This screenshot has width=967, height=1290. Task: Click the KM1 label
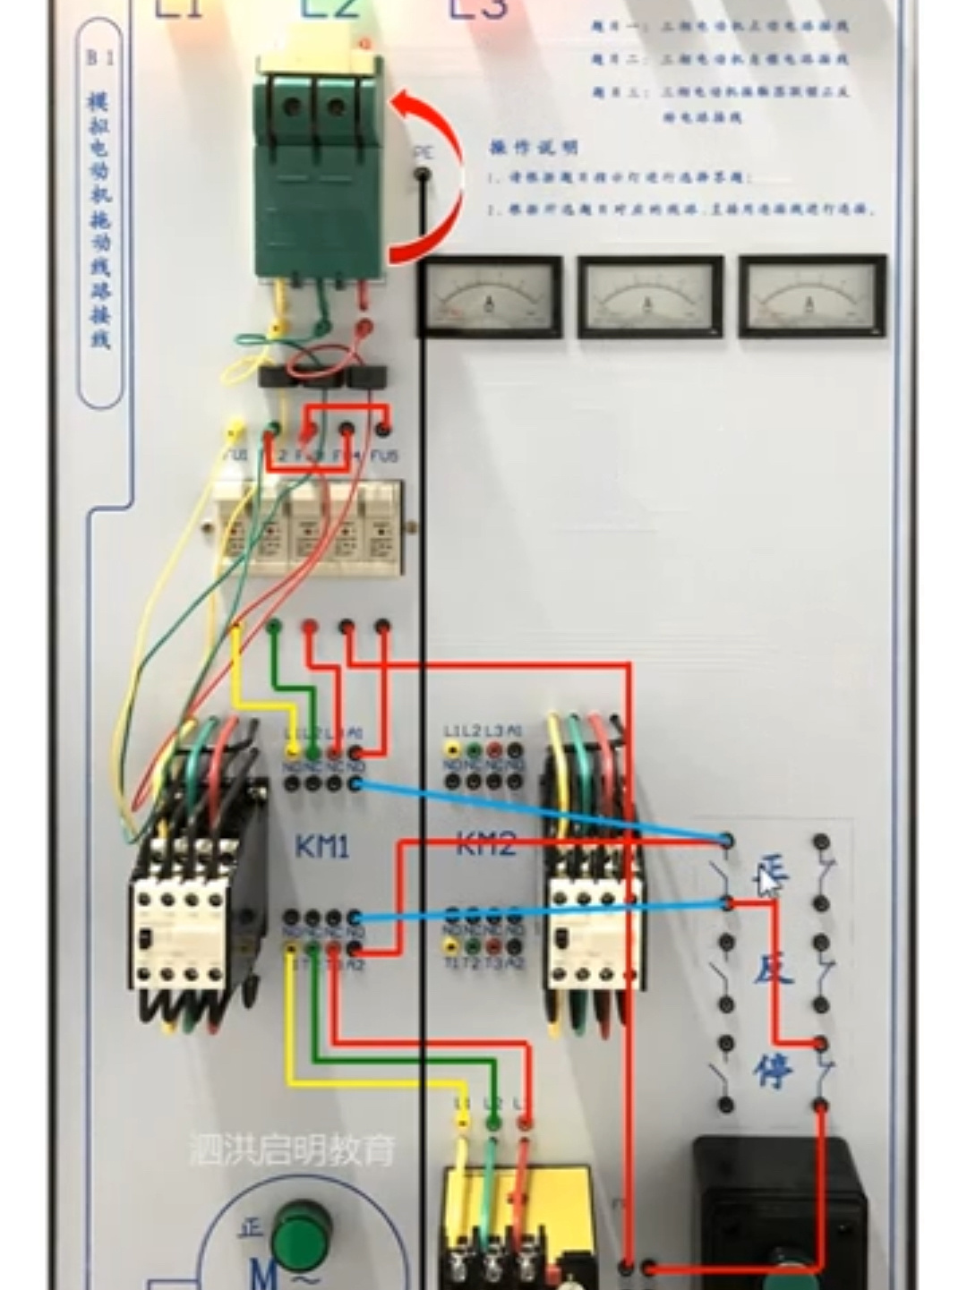pyautogui.click(x=321, y=846)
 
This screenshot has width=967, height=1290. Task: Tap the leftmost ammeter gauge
pyautogui.click(x=490, y=297)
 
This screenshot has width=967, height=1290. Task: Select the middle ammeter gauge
pyautogui.click(x=650, y=297)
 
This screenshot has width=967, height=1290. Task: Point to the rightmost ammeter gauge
pyautogui.click(x=812, y=297)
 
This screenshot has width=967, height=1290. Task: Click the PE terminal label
pyautogui.click(x=423, y=154)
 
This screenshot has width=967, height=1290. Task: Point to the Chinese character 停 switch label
pyautogui.click(x=773, y=1070)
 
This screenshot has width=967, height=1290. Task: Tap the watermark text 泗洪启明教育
pyautogui.click(x=292, y=1149)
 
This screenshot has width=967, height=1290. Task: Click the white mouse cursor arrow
pyautogui.click(x=766, y=884)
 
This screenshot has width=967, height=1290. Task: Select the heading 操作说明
pyautogui.click(x=534, y=148)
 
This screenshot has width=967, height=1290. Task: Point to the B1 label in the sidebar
pyautogui.click(x=100, y=58)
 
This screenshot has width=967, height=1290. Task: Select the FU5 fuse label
pyautogui.click(x=385, y=457)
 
